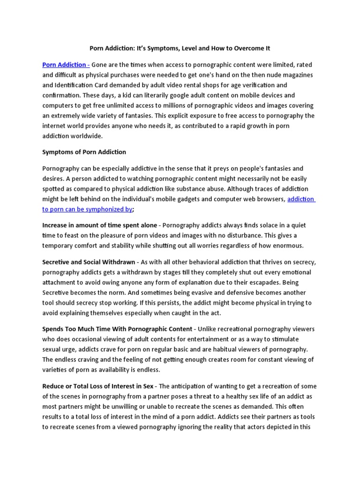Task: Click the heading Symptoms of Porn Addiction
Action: tap(84, 152)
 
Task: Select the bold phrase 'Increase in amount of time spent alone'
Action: tap(99, 225)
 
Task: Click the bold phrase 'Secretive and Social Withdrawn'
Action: tap(89, 262)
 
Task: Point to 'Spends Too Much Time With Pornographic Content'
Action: tap(117, 329)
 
